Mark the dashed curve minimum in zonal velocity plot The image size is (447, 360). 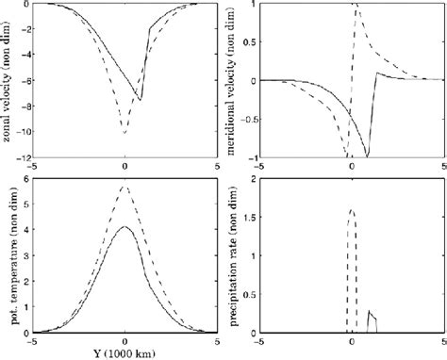124,134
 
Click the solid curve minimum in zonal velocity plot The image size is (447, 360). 141,100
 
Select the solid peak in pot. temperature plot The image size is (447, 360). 124,227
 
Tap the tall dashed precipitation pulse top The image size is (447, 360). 351,210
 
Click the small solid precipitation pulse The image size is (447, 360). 372,320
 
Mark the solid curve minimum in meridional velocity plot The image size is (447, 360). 367,156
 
